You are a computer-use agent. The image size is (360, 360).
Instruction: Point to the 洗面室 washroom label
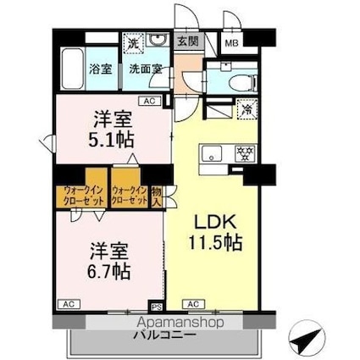pyautogui.click(x=146, y=70)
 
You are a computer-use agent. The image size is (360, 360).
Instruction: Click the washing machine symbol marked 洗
pyautogui.click(x=134, y=41)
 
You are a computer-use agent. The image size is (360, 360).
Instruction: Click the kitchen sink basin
pyautogui.click(x=212, y=153)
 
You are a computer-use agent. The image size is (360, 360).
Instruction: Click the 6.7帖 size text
pyautogui.click(x=109, y=271)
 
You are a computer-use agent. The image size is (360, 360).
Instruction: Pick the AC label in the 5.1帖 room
pyautogui.click(x=149, y=102)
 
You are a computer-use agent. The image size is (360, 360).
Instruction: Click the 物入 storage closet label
pyautogui.click(x=157, y=197)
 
